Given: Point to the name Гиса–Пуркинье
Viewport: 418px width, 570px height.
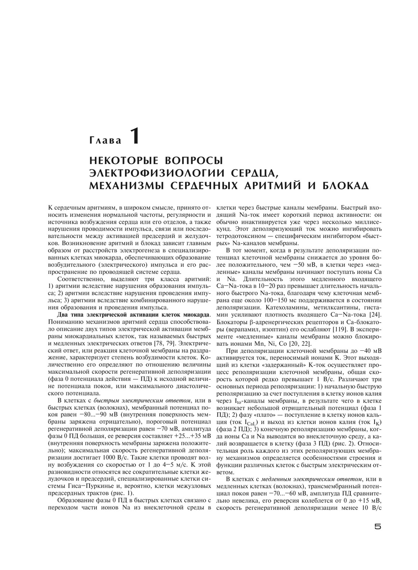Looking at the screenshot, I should (x=92, y=486).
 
